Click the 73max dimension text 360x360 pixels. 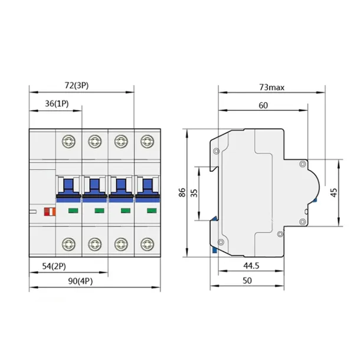point(271,87)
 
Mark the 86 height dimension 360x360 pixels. point(182,192)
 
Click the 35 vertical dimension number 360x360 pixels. point(194,192)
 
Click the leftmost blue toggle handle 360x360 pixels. point(68,188)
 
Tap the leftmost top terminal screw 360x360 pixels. point(68,142)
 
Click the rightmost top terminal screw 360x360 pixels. point(146,142)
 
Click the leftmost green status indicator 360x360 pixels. point(73,210)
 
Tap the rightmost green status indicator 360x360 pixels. point(150,210)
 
